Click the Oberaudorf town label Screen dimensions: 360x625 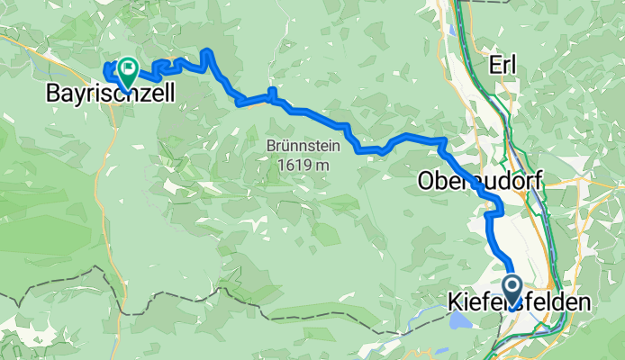click(x=480, y=182)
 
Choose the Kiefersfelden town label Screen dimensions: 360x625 click(x=520, y=303)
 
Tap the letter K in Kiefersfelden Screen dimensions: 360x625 click(x=455, y=303)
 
